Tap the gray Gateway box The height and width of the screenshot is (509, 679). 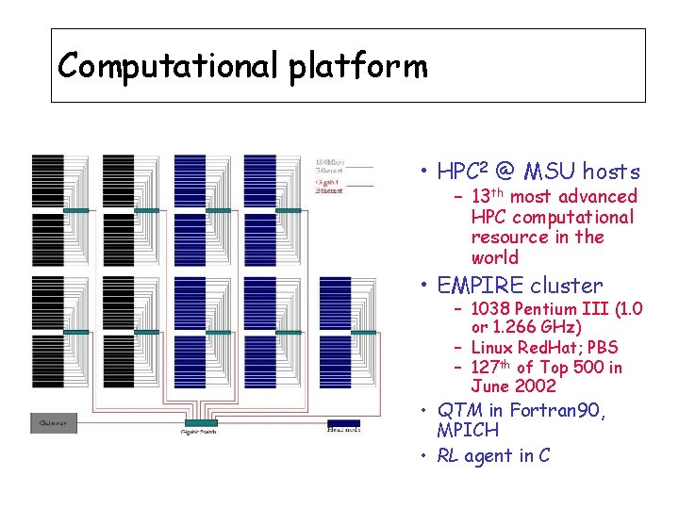coord(53,423)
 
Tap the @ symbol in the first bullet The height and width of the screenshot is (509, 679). coord(505,172)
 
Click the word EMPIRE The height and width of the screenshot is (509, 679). coord(480,285)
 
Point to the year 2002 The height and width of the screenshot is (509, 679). coord(535,386)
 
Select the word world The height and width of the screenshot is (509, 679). coord(495,257)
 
